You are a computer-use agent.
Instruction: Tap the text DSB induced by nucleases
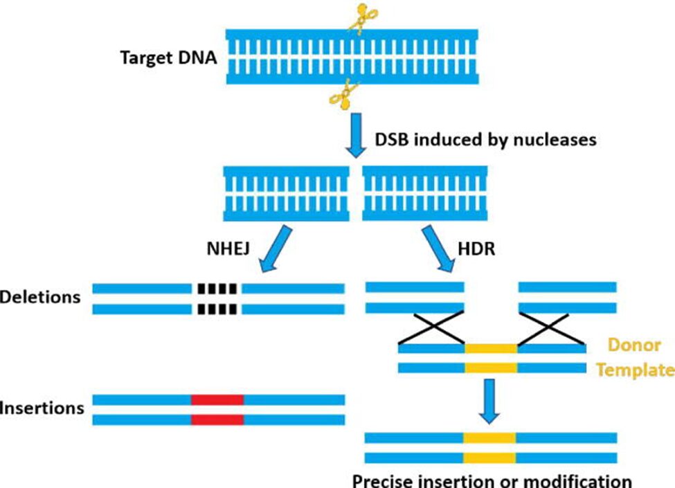pos(485,139)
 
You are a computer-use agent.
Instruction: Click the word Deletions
pos(41,298)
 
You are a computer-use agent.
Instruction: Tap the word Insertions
pos(42,407)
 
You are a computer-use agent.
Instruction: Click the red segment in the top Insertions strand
pos(217,399)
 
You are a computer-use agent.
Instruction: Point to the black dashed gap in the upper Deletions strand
pos(217,287)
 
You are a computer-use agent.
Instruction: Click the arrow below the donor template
pos(489,401)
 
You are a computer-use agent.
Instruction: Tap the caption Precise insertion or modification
pos(492,480)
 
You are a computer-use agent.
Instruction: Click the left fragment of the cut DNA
pos(286,193)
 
